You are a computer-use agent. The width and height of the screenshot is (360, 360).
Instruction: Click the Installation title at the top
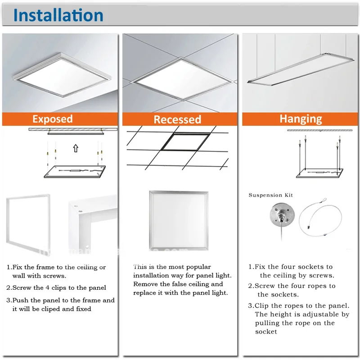(58, 15)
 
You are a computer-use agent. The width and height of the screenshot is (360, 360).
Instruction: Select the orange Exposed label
(52, 119)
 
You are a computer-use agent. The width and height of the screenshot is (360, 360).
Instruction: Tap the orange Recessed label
(177, 119)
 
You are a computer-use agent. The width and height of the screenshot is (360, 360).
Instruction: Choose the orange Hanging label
(301, 119)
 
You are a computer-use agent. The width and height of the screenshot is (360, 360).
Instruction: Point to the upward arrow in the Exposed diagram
(76, 147)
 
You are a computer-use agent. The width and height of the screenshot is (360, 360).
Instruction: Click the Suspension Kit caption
(271, 195)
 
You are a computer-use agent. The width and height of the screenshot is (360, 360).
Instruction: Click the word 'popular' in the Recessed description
(198, 267)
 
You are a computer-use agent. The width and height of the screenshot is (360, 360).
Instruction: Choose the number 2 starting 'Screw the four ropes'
(251, 286)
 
